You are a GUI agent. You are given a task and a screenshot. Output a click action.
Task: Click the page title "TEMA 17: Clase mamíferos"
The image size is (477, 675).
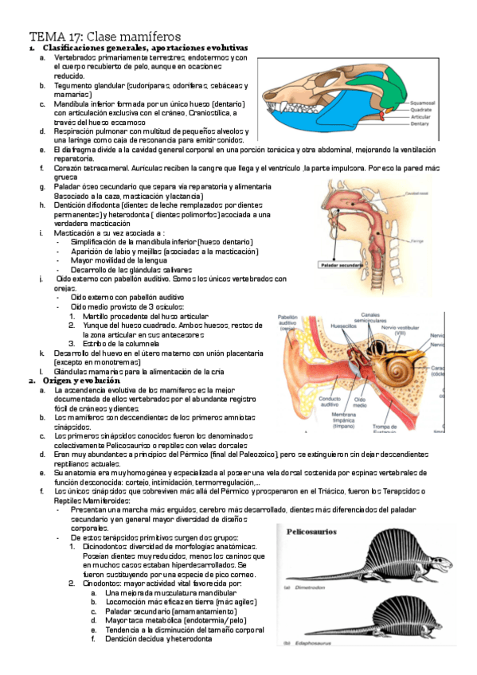[x=105, y=37]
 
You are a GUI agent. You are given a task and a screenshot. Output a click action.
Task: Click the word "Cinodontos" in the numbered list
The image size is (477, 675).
[x=103, y=584]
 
